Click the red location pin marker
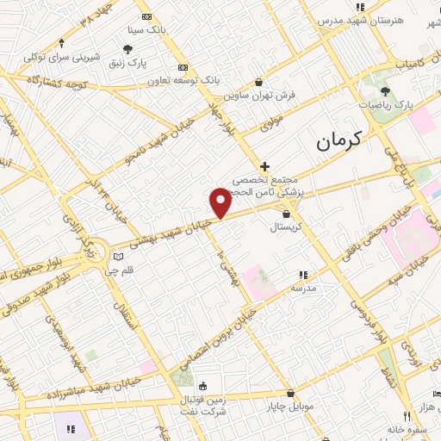coord(220,202)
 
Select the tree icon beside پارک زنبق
coord(128,49)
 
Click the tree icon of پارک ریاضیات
coord(384,91)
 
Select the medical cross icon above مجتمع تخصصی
coord(264,166)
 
